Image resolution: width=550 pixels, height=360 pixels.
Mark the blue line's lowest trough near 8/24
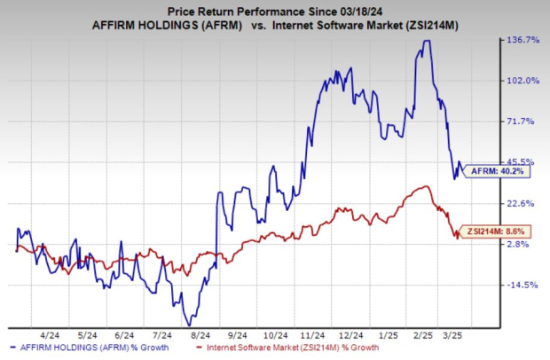pyautogui.click(x=189, y=325)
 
